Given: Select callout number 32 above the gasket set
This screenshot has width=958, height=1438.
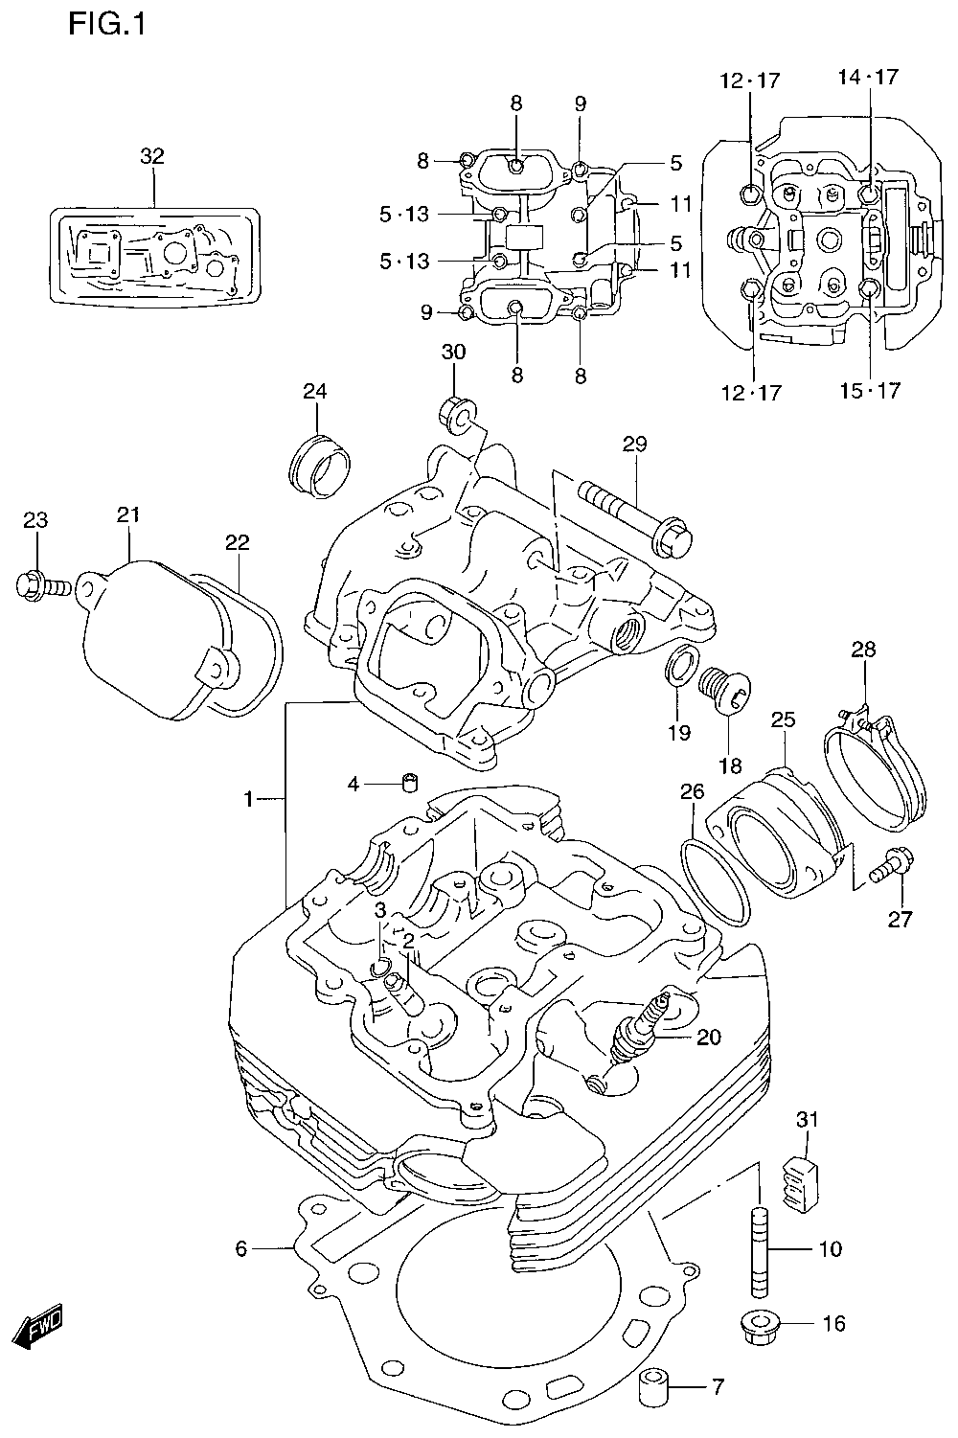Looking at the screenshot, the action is [x=153, y=156].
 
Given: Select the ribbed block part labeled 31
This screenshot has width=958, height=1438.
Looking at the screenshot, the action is [x=801, y=1182].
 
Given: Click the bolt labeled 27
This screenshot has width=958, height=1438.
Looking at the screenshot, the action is [x=893, y=865].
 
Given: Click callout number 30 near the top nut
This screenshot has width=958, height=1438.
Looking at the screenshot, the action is [x=453, y=352].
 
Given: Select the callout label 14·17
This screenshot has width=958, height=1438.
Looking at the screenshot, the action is [x=868, y=77].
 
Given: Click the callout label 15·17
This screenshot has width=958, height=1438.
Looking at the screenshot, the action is [x=871, y=390].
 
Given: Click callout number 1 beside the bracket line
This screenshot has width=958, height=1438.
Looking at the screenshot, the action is [x=248, y=800].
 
